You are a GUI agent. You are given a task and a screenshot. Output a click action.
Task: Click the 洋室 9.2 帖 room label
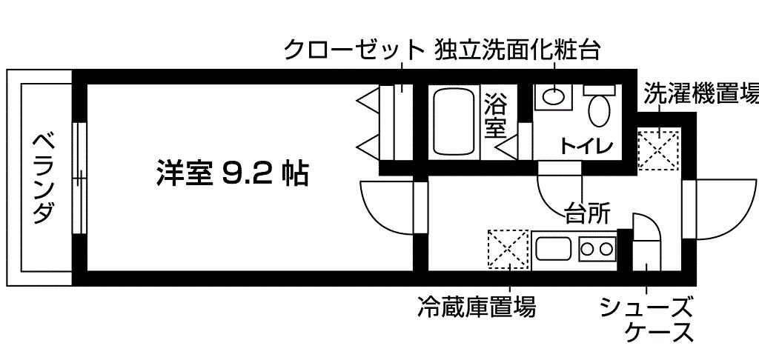(232, 174)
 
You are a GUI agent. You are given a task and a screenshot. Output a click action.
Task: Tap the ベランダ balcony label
(43, 178)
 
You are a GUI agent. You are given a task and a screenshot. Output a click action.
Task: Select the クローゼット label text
(354, 50)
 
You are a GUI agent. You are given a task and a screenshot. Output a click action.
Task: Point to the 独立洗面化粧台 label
(517, 50)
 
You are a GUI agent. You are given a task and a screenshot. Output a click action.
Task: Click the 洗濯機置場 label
(701, 93)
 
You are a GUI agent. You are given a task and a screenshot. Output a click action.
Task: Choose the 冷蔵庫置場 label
(477, 306)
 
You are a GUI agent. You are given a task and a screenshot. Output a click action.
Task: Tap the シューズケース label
(646, 319)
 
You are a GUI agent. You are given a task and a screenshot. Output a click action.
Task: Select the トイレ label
(586, 145)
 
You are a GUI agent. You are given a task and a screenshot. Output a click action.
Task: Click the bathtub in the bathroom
(454, 121)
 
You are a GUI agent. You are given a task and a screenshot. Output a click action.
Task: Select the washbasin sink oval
(553, 96)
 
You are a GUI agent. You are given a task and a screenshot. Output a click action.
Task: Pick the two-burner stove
(597, 250)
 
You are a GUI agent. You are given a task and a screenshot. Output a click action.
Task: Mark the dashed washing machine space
(659, 149)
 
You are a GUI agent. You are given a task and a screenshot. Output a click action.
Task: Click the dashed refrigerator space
(508, 249)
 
